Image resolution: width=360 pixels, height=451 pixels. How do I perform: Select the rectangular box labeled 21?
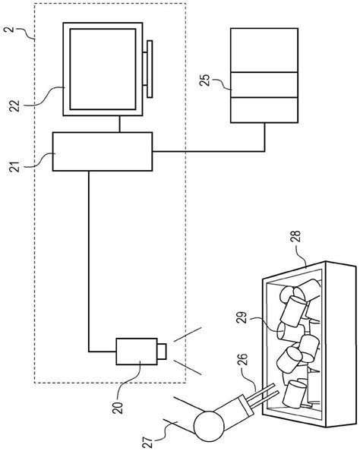pyautogui.click(x=102, y=152)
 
